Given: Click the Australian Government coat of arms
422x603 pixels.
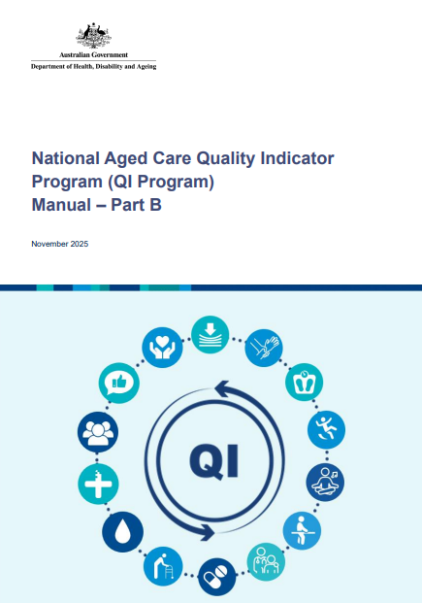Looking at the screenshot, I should [93, 36].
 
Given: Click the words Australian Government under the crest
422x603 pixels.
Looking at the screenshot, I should [93, 55].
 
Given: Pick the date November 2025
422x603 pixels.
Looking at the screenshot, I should [60, 244].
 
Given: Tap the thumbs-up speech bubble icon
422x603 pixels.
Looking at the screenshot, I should [117, 382].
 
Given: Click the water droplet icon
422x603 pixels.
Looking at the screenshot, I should [124, 530].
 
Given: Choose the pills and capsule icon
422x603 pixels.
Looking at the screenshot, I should [216, 576].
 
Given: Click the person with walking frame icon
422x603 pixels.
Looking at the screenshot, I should [162, 565].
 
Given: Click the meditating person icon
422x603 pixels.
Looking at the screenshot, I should [328, 481].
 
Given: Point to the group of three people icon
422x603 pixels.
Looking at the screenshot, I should [98, 430].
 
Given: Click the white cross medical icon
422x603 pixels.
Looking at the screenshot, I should [98, 482].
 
